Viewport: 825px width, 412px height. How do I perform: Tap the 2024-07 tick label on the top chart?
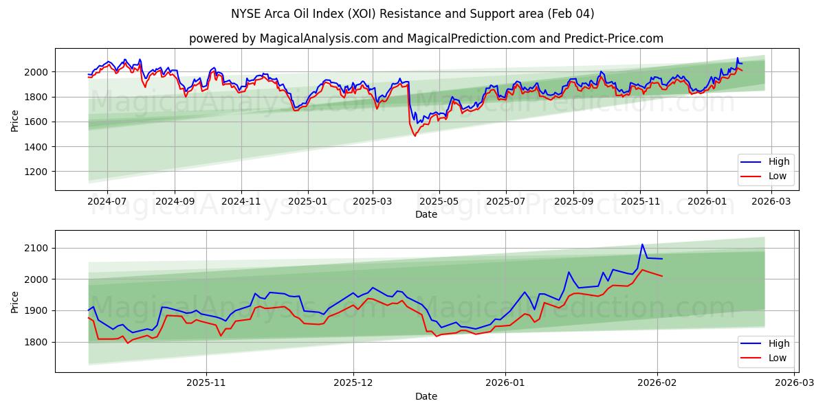pos(107,202)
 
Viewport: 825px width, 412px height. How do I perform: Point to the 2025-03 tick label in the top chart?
pos(373,202)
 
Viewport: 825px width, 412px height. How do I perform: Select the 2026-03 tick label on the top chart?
pos(772,202)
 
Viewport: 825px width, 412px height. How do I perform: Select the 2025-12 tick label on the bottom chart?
pos(353,383)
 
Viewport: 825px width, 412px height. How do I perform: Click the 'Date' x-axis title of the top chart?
pos(426,214)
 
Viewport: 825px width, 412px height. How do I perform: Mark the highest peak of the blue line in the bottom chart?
pos(642,244)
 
